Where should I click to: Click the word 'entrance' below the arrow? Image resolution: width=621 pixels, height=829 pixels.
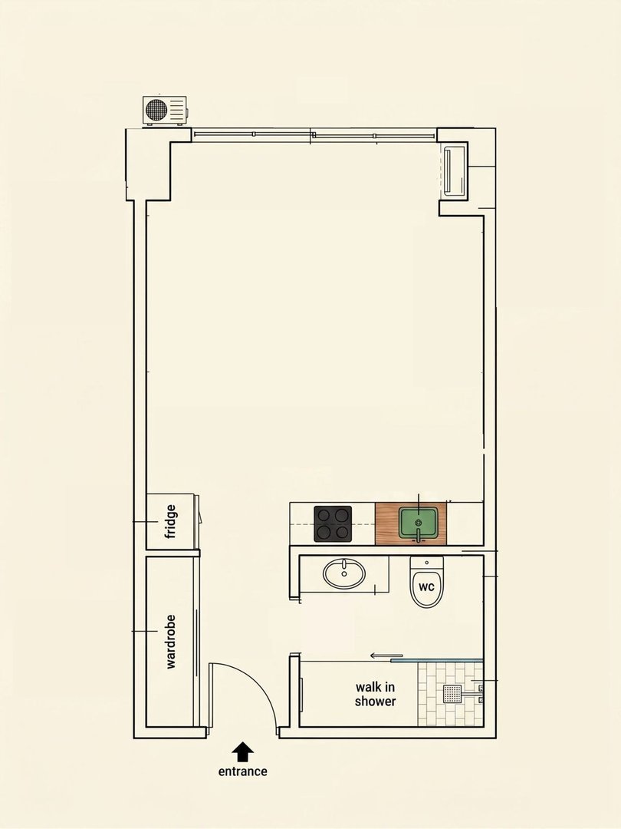click(x=242, y=771)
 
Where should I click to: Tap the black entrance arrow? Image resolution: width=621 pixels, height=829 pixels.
click(x=242, y=751)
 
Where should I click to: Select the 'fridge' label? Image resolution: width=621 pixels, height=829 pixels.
click(x=170, y=522)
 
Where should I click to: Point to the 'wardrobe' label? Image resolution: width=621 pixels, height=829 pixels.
click(x=170, y=642)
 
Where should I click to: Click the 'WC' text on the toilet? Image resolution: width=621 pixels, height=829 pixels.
click(x=426, y=587)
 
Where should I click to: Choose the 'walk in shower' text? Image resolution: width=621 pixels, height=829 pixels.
click(x=376, y=694)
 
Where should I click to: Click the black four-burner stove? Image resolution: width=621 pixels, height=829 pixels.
click(x=333, y=524)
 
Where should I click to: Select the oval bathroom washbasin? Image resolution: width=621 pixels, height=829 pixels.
click(x=344, y=573)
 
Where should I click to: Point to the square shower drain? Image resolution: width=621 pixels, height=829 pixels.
click(x=452, y=694)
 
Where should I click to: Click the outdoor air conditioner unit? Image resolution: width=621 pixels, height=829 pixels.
click(x=165, y=111)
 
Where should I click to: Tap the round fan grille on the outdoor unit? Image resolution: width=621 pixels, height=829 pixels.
click(x=156, y=110)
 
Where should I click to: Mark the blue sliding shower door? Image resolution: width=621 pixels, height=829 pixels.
click(x=437, y=660)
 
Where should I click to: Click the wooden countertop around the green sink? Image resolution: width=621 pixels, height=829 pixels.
click(x=411, y=524)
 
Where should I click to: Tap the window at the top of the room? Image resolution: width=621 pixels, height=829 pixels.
click(x=314, y=135)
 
